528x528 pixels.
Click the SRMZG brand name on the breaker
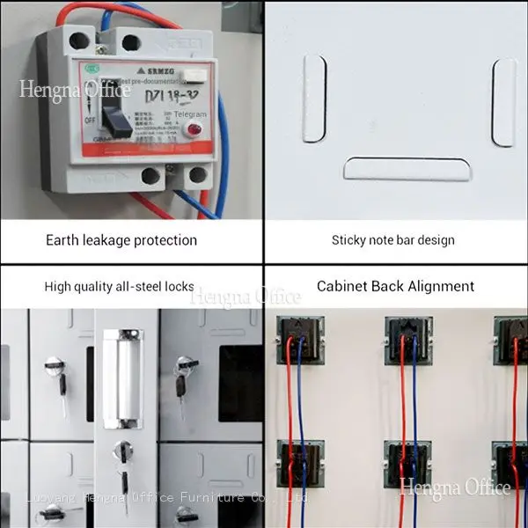coord(150,70)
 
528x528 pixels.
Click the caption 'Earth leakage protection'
coord(121,239)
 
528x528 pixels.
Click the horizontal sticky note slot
coord(407,168)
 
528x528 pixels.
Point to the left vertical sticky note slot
coord(314,99)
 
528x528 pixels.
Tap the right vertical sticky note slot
coord(504,102)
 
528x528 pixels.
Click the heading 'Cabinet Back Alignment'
coord(395,286)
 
